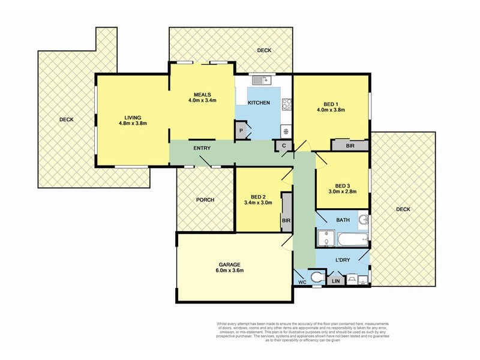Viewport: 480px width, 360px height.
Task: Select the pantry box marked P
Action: (x=241, y=131)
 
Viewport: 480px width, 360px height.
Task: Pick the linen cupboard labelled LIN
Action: (x=335, y=280)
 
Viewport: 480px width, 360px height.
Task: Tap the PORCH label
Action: (x=205, y=200)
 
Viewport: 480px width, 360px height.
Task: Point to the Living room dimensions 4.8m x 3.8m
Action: (x=133, y=123)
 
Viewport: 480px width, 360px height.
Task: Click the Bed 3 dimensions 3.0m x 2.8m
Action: (x=343, y=193)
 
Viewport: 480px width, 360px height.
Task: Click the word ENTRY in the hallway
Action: (x=202, y=148)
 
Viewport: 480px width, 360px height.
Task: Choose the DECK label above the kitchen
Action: (x=264, y=51)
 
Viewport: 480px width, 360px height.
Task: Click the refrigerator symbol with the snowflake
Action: (x=286, y=131)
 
